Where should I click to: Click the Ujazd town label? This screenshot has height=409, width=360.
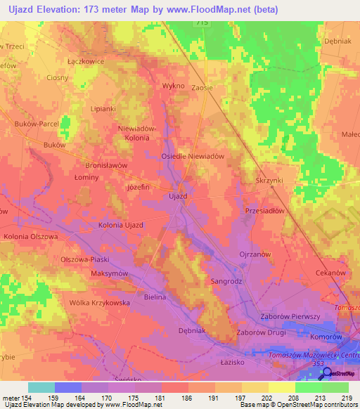pyautogui.click(x=178, y=196)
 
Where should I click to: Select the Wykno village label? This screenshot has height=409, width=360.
pyautogui.click(x=173, y=86)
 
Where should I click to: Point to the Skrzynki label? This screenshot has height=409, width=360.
pyautogui.click(x=269, y=179)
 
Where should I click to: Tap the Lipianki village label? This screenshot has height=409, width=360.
pyautogui.click(x=104, y=109)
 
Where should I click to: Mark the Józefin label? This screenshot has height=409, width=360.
pyautogui.click(x=138, y=188)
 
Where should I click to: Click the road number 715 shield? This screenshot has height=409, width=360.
pyautogui.click(x=202, y=23)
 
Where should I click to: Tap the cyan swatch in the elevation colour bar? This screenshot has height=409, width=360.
pyautogui.click(x=41, y=387)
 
